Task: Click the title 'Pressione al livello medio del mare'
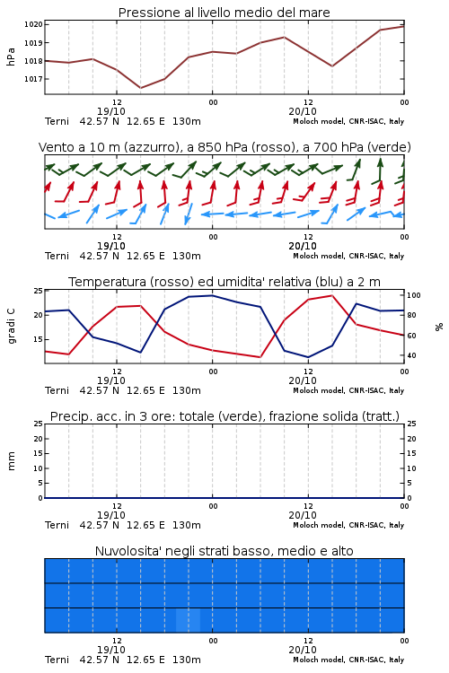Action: (224, 13)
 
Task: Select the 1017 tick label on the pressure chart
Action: (33, 79)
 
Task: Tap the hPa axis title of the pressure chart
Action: (11, 57)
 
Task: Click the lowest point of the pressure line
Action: (140, 88)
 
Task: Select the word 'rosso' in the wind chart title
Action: (272, 147)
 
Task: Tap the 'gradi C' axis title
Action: (11, 327)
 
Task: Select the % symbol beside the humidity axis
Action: (439, 327)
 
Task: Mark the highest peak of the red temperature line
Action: (331, 295)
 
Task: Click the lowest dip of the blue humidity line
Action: (308, 357)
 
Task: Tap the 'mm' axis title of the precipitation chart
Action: (11, 461)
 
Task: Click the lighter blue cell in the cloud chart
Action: (189, 620)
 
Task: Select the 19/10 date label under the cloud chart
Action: (111, 650)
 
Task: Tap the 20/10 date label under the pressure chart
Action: (303, 111)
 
